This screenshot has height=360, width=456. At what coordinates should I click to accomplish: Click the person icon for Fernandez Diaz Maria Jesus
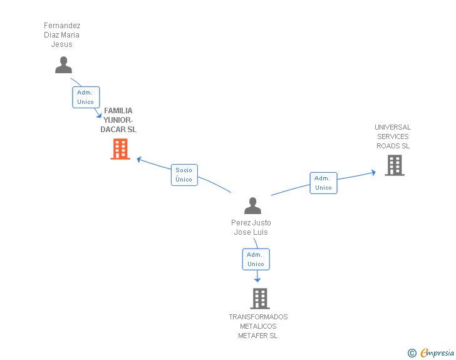tap(63, 65)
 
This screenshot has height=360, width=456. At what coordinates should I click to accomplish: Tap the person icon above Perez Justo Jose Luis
tap(252, 205)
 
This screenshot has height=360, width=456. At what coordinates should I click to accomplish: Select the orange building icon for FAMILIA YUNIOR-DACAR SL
tap(120, 149)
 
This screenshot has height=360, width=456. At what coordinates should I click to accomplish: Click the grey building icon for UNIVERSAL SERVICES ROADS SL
tap(395, 165)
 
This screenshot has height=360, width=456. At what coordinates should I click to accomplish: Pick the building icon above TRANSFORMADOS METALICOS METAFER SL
tap(260, 299)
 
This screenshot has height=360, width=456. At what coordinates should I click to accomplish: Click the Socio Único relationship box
tap(184, 175)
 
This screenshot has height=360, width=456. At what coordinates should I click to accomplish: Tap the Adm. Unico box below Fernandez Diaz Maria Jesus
tap(86, 97)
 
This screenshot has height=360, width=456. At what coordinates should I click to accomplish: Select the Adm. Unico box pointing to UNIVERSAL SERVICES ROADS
tap(323, 183)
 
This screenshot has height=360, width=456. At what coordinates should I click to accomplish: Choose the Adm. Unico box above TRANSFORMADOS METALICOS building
tap(256, 259)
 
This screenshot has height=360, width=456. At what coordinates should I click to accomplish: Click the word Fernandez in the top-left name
tap(62, 26)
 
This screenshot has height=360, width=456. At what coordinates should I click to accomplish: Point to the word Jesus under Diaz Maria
tap(61, 44)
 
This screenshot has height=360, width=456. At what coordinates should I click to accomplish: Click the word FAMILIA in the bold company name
tap(118, 110)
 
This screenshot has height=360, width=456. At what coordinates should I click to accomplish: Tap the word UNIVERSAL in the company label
tap(393, 127)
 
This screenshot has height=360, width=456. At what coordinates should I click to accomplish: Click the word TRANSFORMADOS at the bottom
tap(258, 317)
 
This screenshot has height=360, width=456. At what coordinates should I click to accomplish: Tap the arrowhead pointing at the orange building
tap(139, 160)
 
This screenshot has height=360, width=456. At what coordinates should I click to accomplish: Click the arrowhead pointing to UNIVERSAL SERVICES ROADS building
tap(373, 173)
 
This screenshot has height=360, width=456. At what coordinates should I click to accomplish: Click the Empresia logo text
tap(437, 352)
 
